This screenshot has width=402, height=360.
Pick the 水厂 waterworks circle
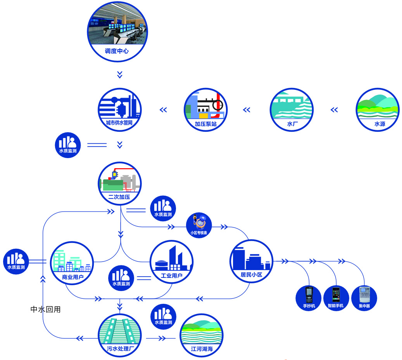coord(292,110)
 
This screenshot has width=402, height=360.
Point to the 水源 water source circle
coord(378,110)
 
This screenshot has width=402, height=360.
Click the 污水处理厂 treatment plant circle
coord(119,334)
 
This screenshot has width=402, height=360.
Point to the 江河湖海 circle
coord(202,334)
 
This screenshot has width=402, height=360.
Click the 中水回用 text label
coord(46,310)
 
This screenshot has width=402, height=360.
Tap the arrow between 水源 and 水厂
coord(334,110)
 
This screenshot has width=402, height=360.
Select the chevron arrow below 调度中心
coord(120,74)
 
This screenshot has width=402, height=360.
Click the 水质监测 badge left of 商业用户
coord(16,261)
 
